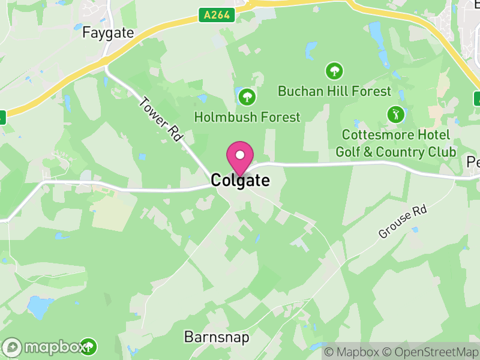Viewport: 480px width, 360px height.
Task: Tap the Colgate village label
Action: coord(240,180)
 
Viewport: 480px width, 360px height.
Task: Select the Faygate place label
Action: coord(108,32)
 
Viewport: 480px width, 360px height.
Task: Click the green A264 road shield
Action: coord(216,15)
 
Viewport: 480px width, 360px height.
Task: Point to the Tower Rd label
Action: coord(160,119)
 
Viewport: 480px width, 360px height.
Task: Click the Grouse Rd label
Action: coord(402,221)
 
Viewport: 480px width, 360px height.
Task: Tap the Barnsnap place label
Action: coord(217,337)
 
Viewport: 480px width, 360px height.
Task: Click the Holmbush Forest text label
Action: coord(247,117)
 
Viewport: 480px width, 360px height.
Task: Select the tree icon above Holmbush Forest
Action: coord(246,96)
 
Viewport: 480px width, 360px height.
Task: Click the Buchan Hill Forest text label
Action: coord(334,91)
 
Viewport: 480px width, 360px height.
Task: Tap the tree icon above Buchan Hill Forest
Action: coord(334,71)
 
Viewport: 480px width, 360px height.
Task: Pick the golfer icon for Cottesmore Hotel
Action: coord(395,113)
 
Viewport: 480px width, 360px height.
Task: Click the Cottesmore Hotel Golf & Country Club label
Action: coord(395,143)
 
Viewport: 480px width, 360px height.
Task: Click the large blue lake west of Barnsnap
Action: coord(39,307)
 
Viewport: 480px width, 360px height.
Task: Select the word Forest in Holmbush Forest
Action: coord(275,117)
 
